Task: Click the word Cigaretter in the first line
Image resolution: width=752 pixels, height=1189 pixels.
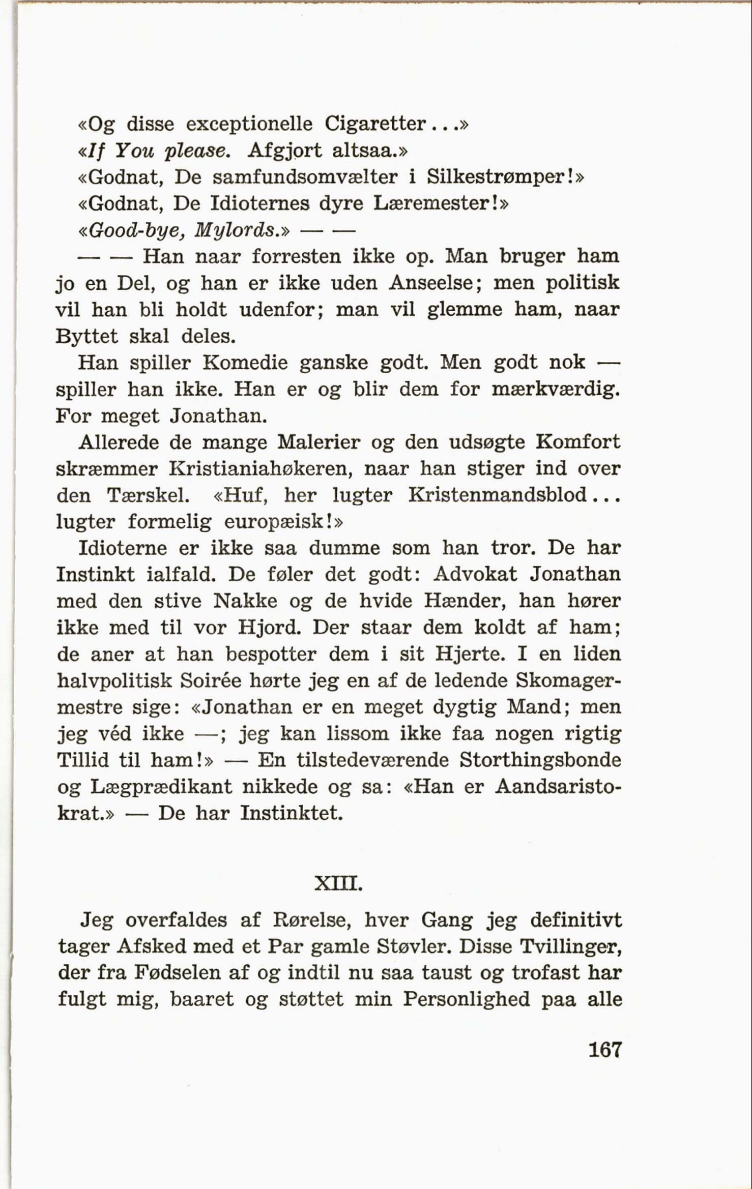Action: coord(374,124)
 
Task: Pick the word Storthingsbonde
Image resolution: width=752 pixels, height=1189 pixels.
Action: coord(540,760)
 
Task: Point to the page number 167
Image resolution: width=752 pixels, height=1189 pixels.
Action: coord(605,1049)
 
